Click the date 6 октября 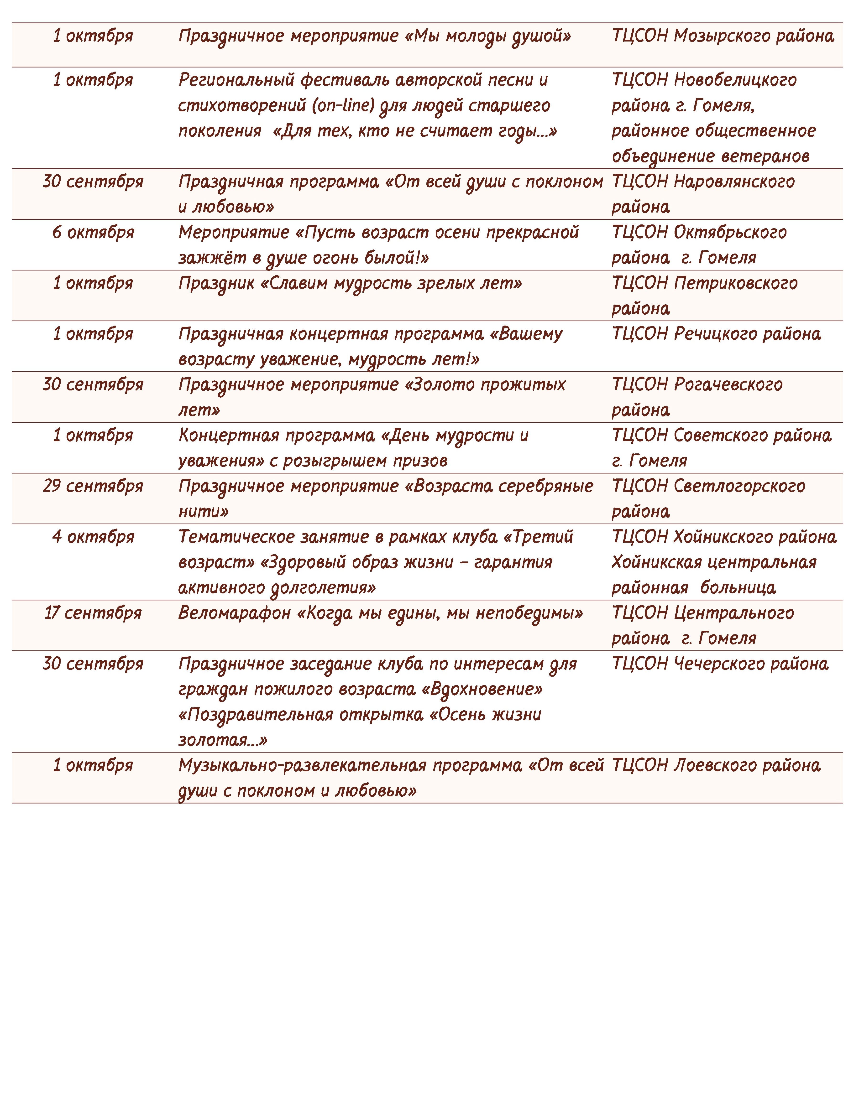point(93,233)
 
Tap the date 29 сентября point(93,486)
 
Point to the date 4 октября point(93,537)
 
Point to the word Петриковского point(735,283)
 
